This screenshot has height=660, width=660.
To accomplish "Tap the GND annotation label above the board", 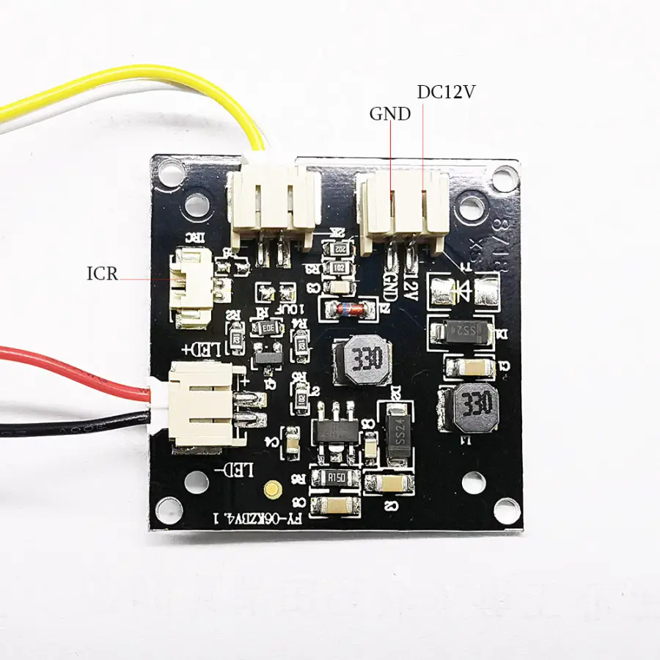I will click(x=389, y=114).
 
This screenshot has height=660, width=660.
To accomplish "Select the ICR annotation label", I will click(x=102, y=274).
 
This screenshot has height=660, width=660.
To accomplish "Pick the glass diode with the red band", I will click(x=345, y=308).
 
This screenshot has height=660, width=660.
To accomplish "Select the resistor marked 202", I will click(x=338, y=249).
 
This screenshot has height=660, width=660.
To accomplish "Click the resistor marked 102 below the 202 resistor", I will click(x=339, y=268).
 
